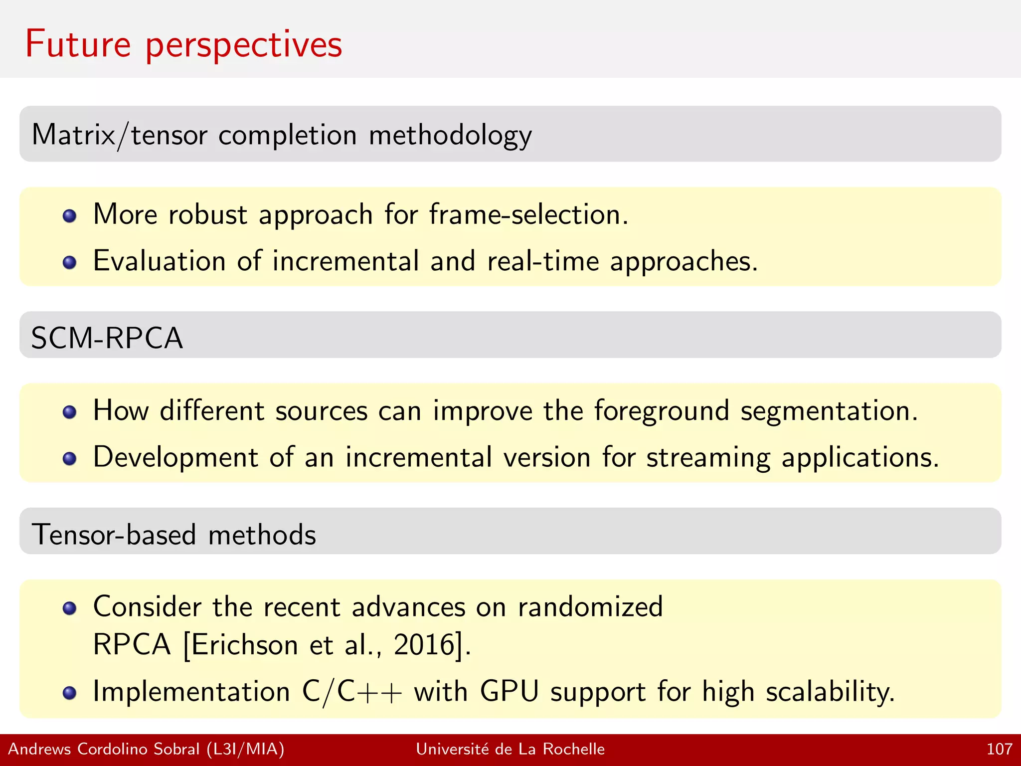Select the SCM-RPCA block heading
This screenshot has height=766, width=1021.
click(107, 338)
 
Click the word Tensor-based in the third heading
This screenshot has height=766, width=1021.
click(113, 535)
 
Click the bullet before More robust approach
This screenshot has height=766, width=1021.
click(70, 216)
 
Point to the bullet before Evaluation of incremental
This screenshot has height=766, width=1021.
click(70, 262)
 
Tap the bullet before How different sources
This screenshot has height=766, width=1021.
click(70, 412)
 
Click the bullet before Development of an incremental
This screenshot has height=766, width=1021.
click(70, 458)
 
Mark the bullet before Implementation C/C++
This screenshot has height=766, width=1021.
click(70, 693)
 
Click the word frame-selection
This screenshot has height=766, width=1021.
click(528, 214)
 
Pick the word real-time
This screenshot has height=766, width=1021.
click(542, 261)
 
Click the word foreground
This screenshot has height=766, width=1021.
click(661, 411)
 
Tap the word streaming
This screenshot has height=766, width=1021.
click(707, 458)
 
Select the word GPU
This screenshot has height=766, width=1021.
click(509, 692)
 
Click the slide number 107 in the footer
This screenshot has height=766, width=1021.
click(999, 749)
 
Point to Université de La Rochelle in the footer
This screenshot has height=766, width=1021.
click(510, 749)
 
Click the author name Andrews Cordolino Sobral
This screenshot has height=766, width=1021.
click(104, 749)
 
